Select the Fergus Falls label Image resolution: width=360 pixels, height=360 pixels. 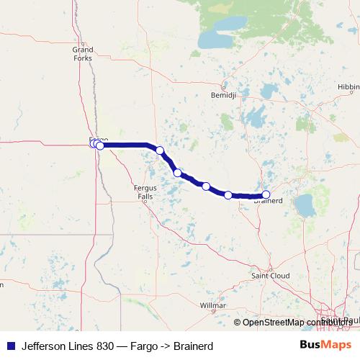(x=145, y=191)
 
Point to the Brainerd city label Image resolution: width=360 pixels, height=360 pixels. (x=268, y=202)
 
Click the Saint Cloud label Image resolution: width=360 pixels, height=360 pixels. (x=269, y=276)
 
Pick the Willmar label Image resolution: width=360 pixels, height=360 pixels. (x=212, y=305)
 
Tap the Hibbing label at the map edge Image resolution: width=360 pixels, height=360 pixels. (x=348, y=86)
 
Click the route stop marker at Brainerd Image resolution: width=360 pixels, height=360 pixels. (x=266, y=194)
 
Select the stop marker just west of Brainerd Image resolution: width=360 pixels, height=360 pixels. (x=228, y=195)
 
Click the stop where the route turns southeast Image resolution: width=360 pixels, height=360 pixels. (x=160, y=150)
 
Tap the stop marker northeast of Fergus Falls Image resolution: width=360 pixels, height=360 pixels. (x=178, y=173)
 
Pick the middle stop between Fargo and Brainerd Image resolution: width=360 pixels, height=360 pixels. (x=206, y=186)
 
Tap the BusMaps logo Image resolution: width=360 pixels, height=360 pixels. (x=325, y=344)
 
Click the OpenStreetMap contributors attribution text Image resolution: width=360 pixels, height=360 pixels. (x=297, y=323)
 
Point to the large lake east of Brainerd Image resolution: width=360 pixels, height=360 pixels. (x=305, y=205)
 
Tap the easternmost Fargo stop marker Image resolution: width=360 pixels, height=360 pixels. (x=100, y=145)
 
